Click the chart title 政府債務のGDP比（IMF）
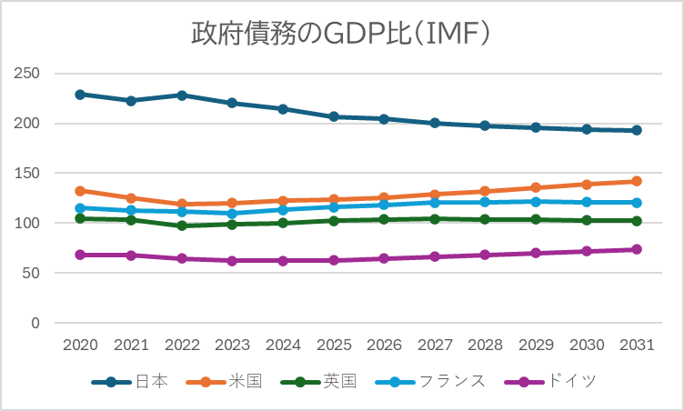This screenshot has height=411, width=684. coord(341,34)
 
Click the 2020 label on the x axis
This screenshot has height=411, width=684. coord(80,346)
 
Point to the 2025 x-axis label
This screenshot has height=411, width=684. coord(334,346)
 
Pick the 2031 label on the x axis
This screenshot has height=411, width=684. coord(637,346)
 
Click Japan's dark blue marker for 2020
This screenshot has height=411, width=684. coord(80,95)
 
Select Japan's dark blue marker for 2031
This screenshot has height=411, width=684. coord(637,130)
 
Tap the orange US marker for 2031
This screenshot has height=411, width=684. coord(637,181)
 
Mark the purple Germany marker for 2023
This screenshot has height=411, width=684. coord(232,261)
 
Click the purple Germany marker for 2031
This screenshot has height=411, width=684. coord(637,249)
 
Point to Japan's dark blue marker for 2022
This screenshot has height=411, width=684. coord(182,95)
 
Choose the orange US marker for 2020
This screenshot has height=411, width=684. coord(80,191)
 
